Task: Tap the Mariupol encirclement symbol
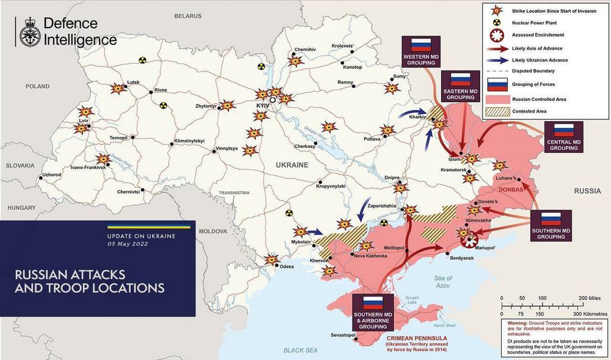coord(469,240)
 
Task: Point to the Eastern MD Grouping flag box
coord(460,86)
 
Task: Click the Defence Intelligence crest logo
coord(29,32)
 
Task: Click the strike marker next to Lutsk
coord(117,88)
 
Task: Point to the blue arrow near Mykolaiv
coord(315,232)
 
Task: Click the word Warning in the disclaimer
coord(511,321)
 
